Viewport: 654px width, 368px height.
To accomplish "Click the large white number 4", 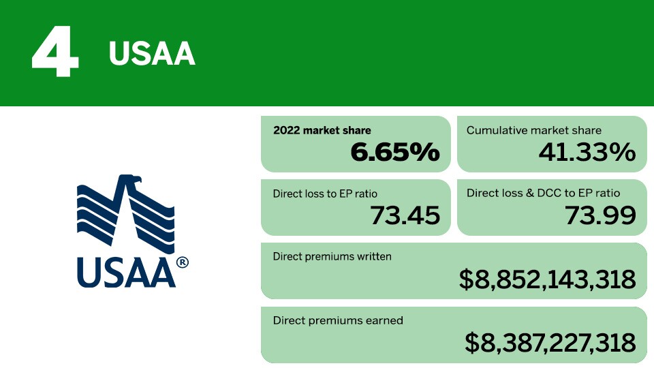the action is tap(55, 52).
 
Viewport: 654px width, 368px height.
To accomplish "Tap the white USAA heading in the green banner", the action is tap(152, 54).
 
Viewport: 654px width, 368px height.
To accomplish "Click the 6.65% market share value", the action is tap(395, 152).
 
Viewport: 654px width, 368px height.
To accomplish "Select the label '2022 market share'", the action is tap(322, 130).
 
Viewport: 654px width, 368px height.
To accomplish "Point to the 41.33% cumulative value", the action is tap(587, 152).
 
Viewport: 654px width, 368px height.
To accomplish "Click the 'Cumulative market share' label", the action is tap(534, 130).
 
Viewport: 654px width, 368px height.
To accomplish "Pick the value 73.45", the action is tap(405, 215).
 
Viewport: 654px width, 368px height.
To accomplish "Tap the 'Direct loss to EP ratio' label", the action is tap(325, 194).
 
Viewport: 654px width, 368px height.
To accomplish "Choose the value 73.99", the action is tap(601, 215).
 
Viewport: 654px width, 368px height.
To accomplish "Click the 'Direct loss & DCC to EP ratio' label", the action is tap(543, 193).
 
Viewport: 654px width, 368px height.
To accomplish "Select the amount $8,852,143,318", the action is tap(548, 279).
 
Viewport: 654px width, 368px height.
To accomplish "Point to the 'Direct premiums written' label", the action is tap(332, 256).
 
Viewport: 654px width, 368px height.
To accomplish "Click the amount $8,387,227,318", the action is tap(550, 343).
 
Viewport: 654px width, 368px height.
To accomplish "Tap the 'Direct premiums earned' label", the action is tap(338, 320).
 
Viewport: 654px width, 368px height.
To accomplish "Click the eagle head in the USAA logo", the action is tap(133, 180).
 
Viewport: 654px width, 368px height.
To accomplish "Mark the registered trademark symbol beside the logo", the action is tap(183, 262).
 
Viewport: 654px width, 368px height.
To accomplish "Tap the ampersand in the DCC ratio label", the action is tap(530, 193).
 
